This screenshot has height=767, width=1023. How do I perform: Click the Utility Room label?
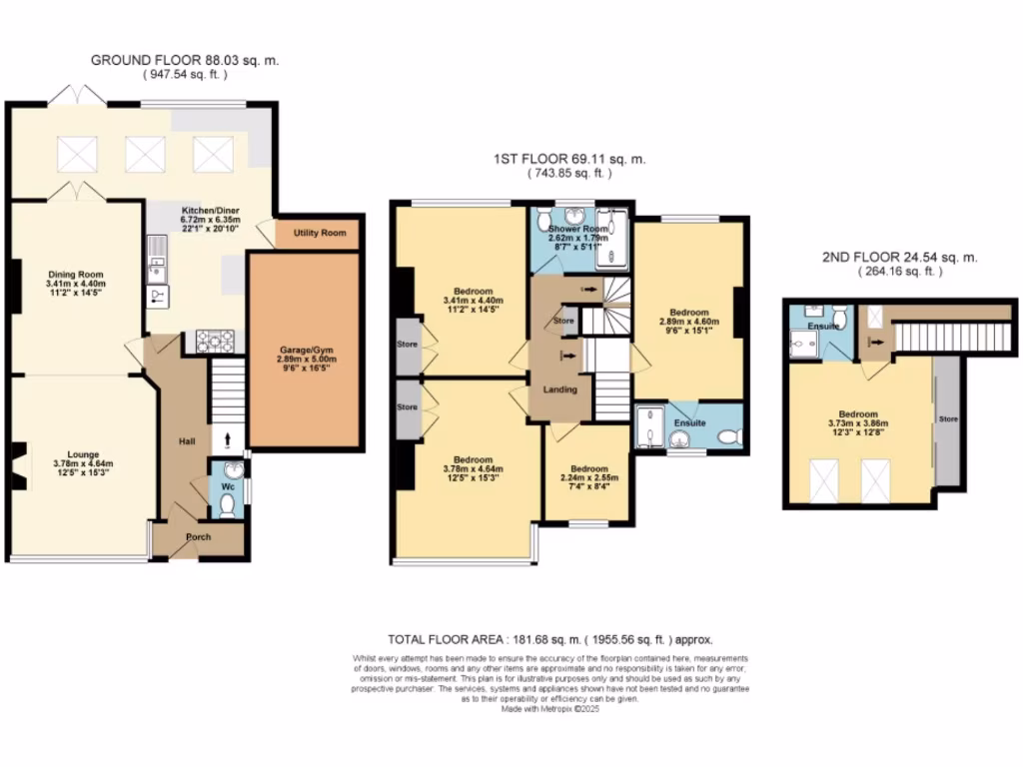pyautogui.click(x=320, y=233)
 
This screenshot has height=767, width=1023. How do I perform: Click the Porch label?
pyautogui.click(x=199, y=536)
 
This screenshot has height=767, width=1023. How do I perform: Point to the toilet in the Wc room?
pyautogui.click(x=228, y=505)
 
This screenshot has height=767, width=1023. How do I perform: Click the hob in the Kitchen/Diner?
pyautogui.click(x=215, y=342)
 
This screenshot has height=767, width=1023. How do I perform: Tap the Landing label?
pyautogui.click(x=559, y=388)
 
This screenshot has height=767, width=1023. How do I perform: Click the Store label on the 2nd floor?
pyautogui.click(x=944, y=417)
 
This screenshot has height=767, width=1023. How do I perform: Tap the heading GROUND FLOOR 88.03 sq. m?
pyautogui.click(x=185, y=61)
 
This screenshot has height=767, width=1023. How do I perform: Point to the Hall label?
pyautogui.click(x=186, y=440)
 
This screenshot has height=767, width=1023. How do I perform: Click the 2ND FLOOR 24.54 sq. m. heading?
pyautogui.click(x=899, y=256)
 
